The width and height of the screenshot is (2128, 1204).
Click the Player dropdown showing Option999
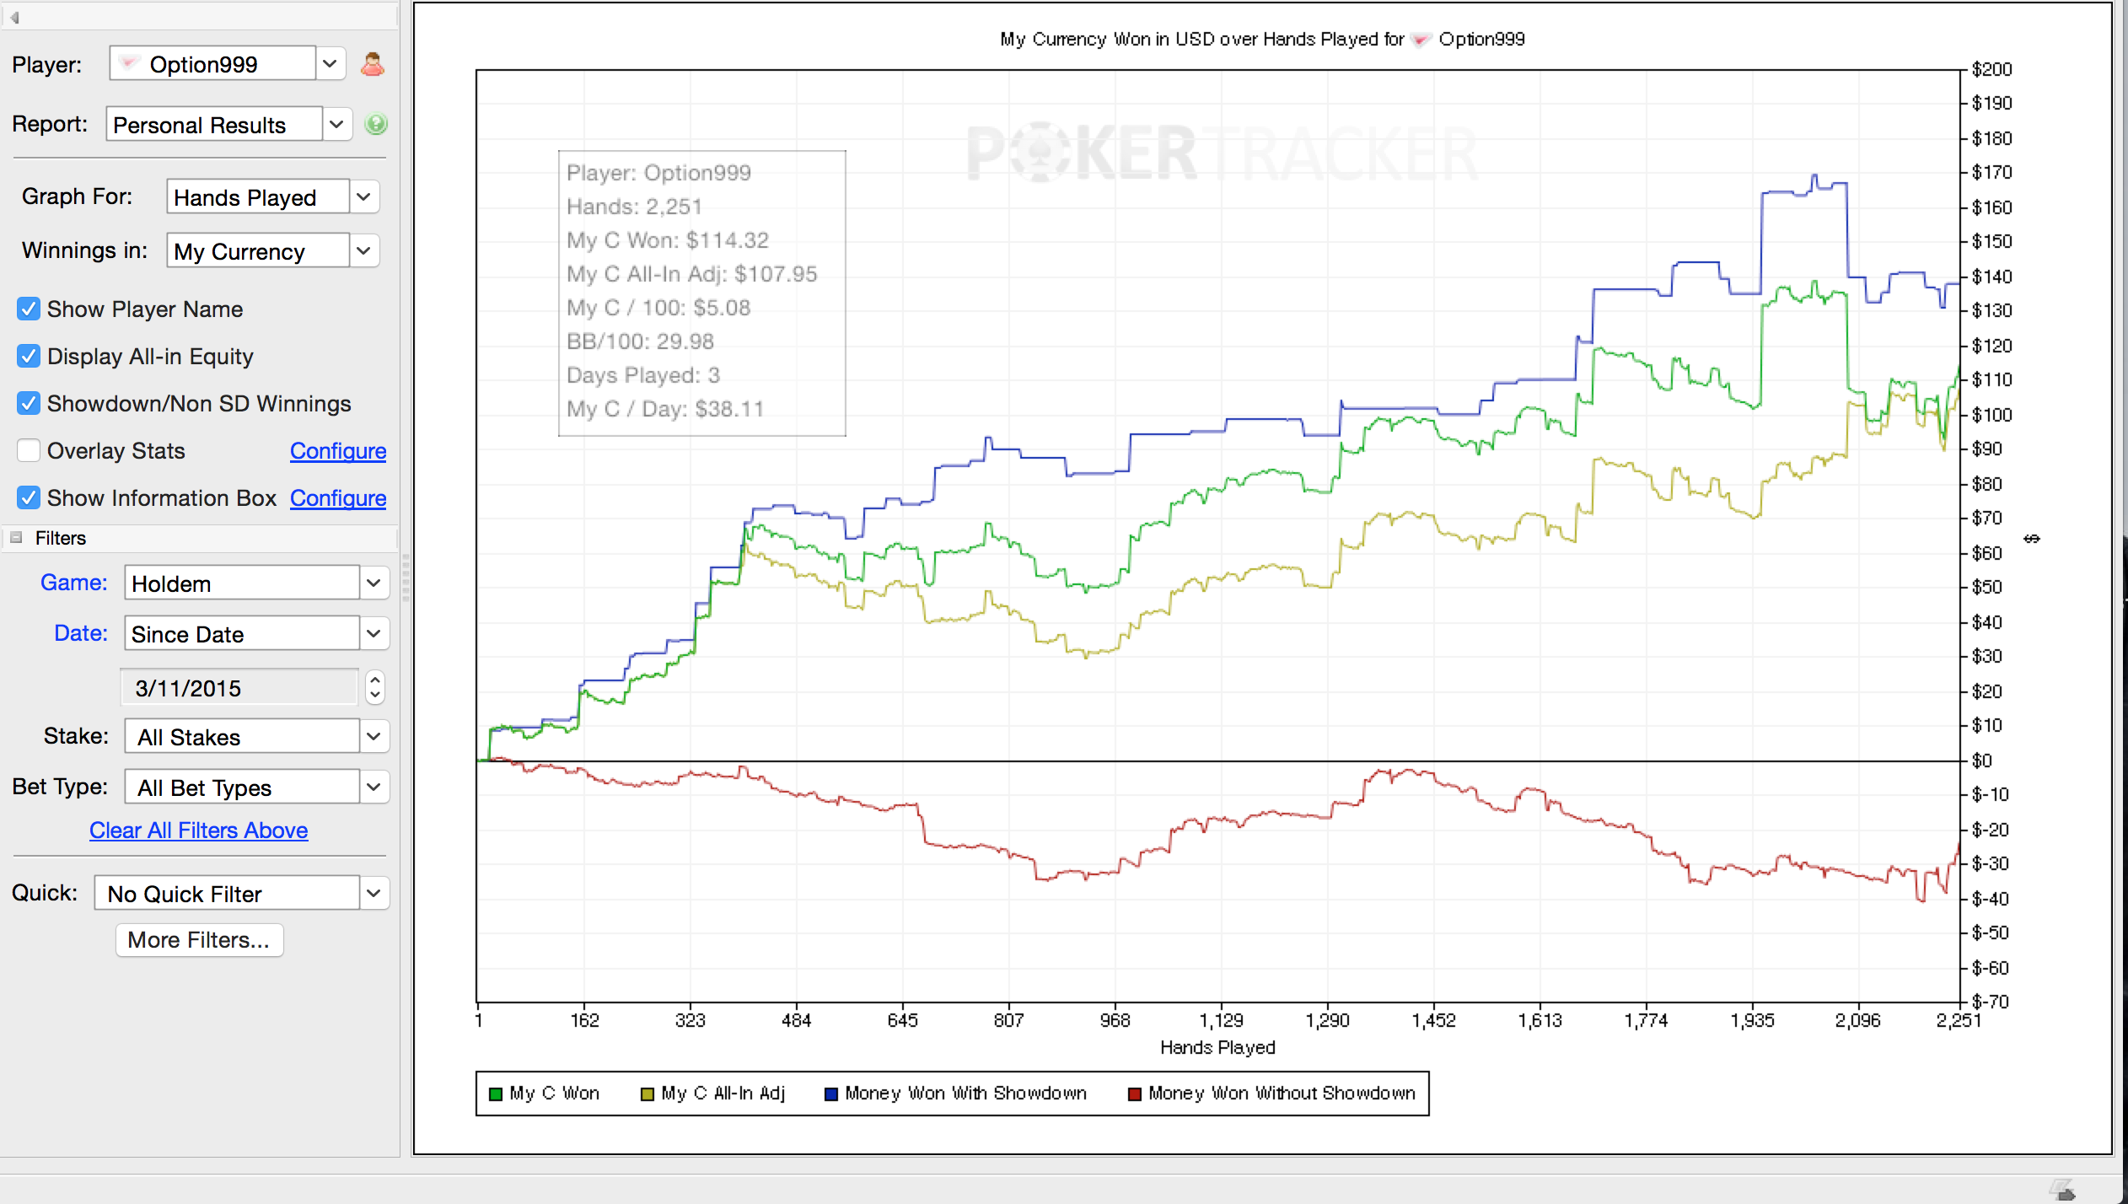(228, 64)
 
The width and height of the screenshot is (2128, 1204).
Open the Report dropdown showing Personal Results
(228, 125)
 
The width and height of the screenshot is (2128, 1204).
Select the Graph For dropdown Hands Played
(272, 197)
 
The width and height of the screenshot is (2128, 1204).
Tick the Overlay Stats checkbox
(29, 451)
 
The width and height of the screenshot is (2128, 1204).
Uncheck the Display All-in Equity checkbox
(29, 357)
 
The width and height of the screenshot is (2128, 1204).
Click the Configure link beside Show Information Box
(338, 498)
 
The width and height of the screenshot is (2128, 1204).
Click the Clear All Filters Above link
(199, 830)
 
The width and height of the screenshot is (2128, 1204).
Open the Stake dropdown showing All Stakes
(256, 737)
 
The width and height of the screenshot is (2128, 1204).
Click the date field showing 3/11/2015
(241, 688)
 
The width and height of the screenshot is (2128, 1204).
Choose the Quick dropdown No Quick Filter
(241, 894)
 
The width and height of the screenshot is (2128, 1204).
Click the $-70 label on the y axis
(1991, 1002)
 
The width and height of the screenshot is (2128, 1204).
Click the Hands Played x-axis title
(1217, 1047)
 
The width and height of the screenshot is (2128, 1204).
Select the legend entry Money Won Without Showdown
(1272, 1094)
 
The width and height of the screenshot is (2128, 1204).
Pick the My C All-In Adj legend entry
(713, 1094)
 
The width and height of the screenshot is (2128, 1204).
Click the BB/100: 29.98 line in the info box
(640, 341)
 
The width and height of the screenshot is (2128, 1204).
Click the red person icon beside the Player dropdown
(373, 64)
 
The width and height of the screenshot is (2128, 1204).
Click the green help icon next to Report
(376, 125)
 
